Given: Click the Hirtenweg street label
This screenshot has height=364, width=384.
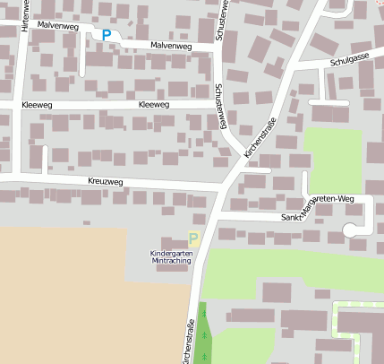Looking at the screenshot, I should coord(24,15).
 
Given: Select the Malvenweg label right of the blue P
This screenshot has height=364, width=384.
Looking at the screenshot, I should coord(170,45).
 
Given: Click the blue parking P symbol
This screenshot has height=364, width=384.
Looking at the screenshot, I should coord(107,35).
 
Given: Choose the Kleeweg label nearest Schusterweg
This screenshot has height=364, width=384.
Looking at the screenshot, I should coord(154,105).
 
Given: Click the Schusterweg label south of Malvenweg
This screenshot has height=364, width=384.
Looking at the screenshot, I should coord(220,107).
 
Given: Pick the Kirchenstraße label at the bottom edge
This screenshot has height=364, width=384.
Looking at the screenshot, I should coord(189,343).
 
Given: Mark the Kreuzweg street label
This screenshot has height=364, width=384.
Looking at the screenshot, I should coord(106,181).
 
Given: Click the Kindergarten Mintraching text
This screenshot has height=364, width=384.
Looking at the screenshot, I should coord(170,256).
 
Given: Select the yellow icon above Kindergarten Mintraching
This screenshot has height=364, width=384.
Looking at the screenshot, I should coord(193,238).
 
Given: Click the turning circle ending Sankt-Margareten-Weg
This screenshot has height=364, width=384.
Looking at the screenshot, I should coord(355,230).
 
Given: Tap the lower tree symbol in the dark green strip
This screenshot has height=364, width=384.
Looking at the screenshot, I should coord(204,334).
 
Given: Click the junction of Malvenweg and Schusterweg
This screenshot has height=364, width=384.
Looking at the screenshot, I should coord(217,49).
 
